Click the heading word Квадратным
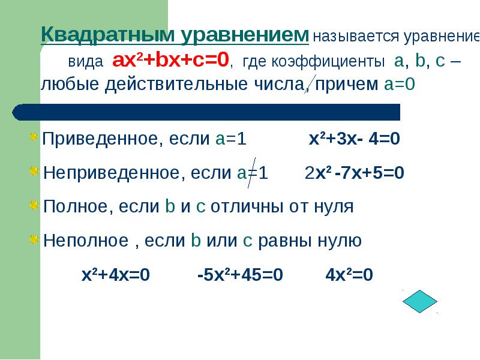tap(107, 35)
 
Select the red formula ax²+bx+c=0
tap(170, 59)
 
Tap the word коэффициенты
tap(328, 62)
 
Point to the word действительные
tap(176, 84)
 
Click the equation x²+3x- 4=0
tap(354, 139)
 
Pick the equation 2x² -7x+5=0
tap(355, 173)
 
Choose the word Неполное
tap(86, 241)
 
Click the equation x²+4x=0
tap(116, 275)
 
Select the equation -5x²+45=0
tap(241, 275)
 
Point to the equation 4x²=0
tap(349, 275)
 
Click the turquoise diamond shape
tap(419, 301)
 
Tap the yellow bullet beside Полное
tap(34, 205)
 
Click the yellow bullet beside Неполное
tap(34, 239)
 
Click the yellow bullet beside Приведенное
tap(34, 137)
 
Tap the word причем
tap(347, 84)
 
